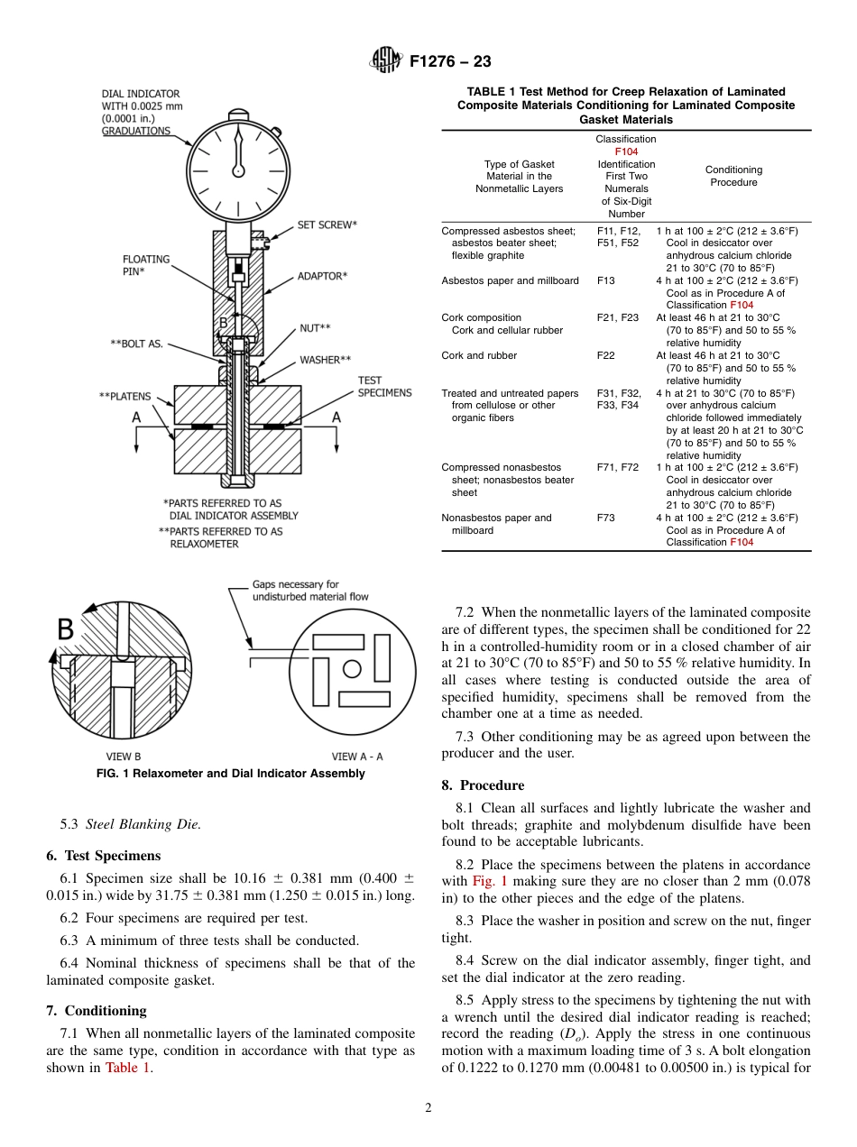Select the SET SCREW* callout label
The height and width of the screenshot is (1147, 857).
point(327,225)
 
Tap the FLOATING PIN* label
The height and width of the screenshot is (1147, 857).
point(146,265)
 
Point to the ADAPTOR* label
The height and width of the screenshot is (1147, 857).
point(322,276)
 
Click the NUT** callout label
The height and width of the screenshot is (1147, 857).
point(315,328)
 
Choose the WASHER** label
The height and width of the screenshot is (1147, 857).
point(325,360)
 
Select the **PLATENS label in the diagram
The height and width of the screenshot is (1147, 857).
point(124,396)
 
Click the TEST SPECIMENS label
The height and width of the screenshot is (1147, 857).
point(384,387)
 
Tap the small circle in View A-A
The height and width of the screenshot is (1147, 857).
point(352,668)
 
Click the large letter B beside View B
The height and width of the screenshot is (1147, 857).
point(66,630)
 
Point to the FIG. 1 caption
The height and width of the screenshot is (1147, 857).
point(231,774)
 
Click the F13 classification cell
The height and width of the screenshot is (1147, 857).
point(606,280)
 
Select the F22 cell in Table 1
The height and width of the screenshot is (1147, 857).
point(606,355)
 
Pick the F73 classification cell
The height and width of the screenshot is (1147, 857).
point(606,518)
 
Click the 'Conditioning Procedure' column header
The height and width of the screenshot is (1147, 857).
point(733,176)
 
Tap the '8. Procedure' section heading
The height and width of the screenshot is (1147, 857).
point(483,785)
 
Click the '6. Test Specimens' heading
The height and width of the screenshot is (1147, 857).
point(103,856)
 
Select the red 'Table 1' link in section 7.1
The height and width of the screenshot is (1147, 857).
point(127,1068)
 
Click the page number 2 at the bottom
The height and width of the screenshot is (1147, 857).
point(428,1108)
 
